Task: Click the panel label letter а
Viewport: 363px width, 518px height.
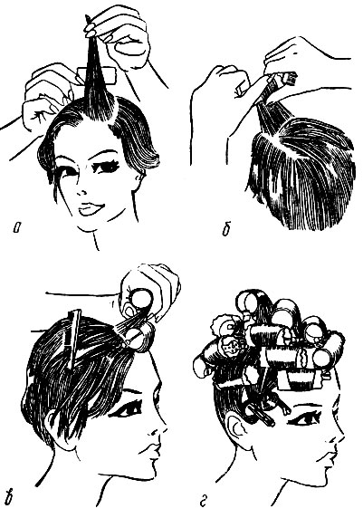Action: (x=16, y=229)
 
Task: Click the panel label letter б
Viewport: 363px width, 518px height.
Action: (x=226, y=229)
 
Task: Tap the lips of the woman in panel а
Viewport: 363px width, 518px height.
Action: (x=90, y=209)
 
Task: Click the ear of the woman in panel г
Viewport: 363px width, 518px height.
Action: (x=238, y=430)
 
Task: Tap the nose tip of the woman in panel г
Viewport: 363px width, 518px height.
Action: (x=342, y=443)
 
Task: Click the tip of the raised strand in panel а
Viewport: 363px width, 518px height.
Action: (x=88, y=16)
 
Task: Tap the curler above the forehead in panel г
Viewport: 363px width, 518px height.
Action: (x=299, y=379)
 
